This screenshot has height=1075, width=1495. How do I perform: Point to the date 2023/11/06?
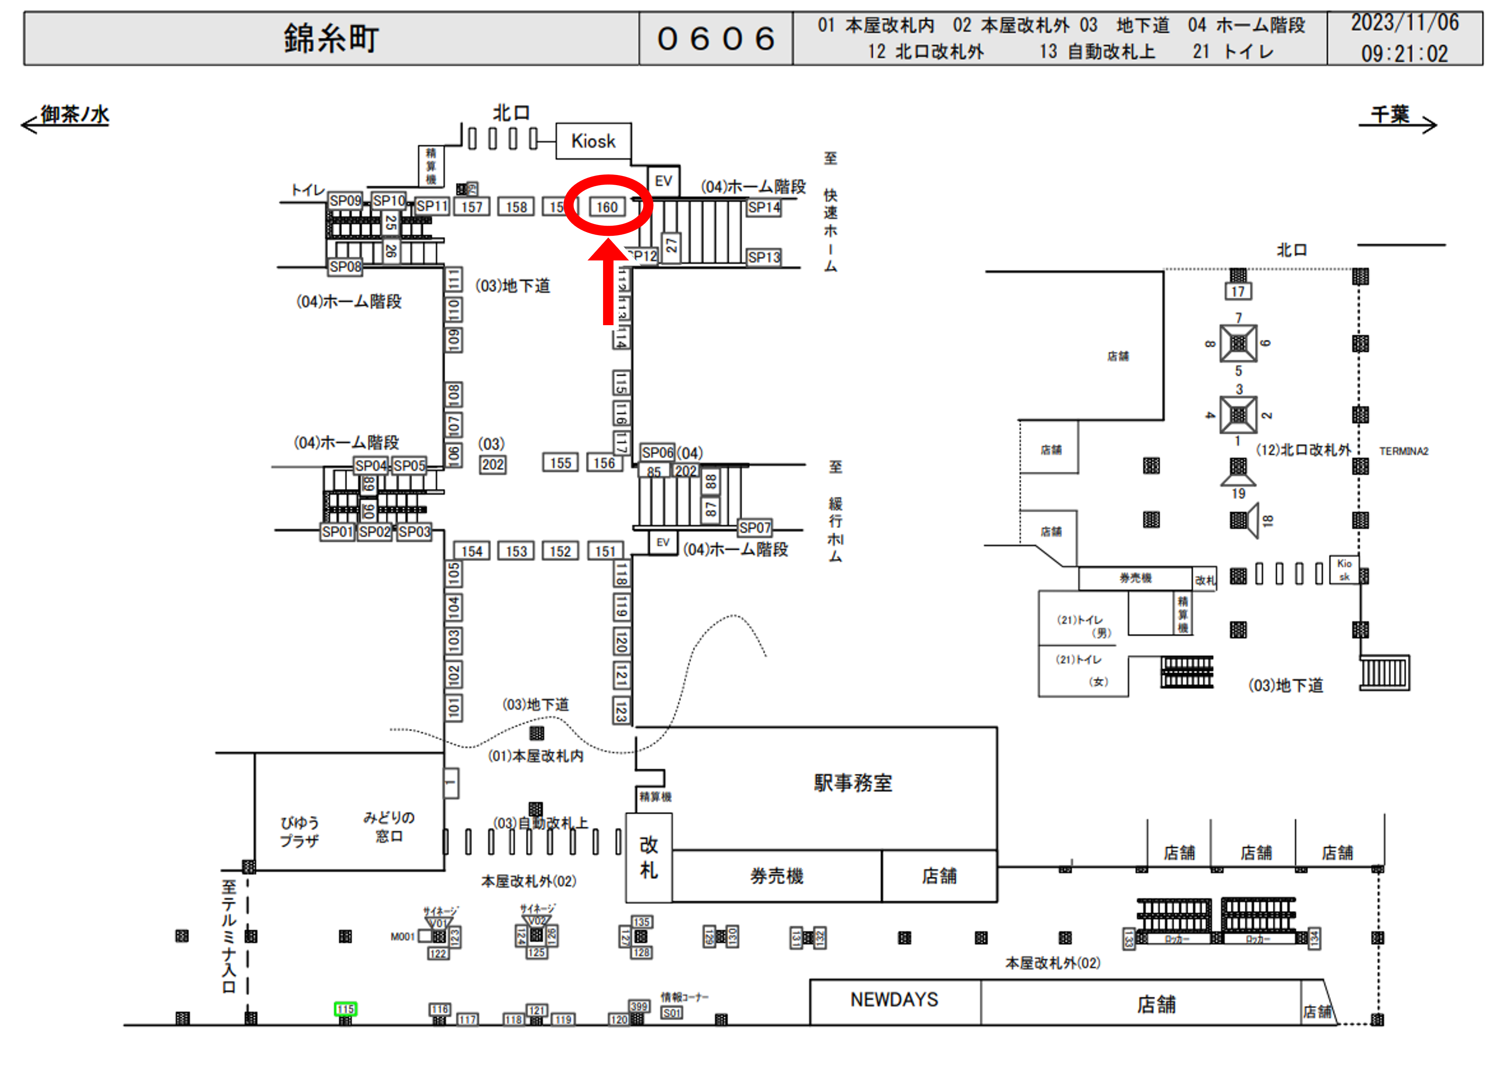1404,23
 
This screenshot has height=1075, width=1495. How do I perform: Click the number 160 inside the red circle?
607,207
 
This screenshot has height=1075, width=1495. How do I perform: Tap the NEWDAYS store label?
894,1000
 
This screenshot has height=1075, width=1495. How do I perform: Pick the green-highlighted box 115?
345,1009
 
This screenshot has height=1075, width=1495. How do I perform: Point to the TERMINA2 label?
1403,451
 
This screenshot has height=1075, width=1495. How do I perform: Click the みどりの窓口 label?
388,826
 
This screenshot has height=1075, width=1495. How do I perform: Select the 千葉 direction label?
1390,115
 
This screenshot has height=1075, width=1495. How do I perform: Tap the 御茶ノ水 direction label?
74,115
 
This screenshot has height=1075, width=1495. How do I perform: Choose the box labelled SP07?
754,528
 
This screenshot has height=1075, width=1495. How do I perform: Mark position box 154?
471,551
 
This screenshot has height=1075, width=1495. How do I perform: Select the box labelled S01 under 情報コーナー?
672,1013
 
